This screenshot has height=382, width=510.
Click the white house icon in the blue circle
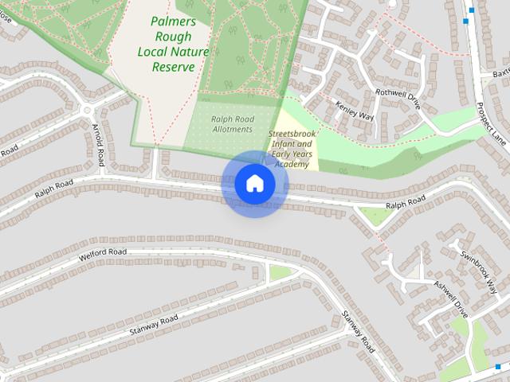[254, 183]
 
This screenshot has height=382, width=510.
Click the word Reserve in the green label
[173, 67]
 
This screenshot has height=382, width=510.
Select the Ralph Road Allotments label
[232, 123]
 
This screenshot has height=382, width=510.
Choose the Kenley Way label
[355, 111]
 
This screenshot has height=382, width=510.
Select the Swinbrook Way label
[484, 270]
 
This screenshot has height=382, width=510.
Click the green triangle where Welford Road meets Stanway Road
[280, 273]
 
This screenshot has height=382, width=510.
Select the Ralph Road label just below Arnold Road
[53, 188]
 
